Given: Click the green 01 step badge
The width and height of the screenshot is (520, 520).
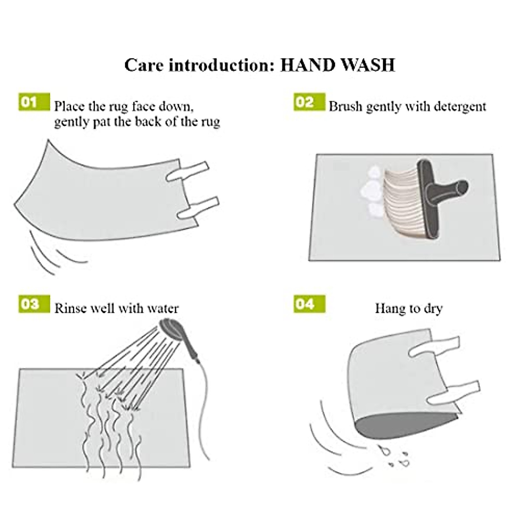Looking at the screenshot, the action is [34, 102].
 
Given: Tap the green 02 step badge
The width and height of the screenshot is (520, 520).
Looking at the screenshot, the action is [309, 102].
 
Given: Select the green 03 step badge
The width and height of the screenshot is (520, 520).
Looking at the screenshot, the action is [34, 304].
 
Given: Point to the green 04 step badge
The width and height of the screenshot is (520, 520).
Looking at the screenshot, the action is [309, 304].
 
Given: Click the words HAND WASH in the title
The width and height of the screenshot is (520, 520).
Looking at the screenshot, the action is [338, 65].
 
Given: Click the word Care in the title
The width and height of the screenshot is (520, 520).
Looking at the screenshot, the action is [144, 65].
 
